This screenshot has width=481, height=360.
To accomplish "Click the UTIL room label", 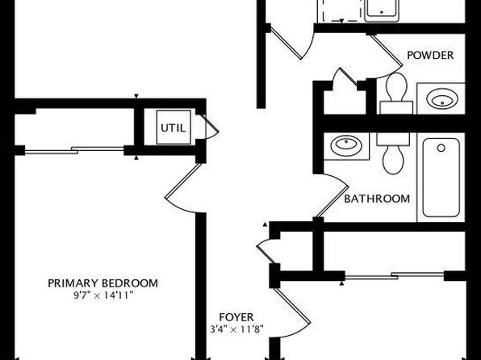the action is tap(174, 128).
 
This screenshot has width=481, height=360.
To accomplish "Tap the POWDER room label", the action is tap(430, 55).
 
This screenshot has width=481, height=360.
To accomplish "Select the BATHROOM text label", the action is tap(377, 199).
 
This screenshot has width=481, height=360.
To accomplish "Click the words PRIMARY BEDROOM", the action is tap(102, 283).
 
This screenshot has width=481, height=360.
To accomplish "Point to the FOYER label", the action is tap(236, 317).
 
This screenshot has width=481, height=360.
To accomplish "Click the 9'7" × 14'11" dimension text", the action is tap(103, 295).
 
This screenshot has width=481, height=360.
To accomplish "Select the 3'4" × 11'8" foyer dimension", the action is tap(236, 329).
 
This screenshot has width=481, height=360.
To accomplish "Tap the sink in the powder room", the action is tap(442, 98).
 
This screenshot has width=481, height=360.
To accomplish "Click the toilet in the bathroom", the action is tap(393, 153).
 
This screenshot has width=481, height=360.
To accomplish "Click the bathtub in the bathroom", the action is tap(441, 178).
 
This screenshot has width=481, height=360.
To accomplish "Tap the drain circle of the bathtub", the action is tap(441, 148).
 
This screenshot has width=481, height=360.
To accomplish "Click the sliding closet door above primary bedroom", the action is tap(74, 150).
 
